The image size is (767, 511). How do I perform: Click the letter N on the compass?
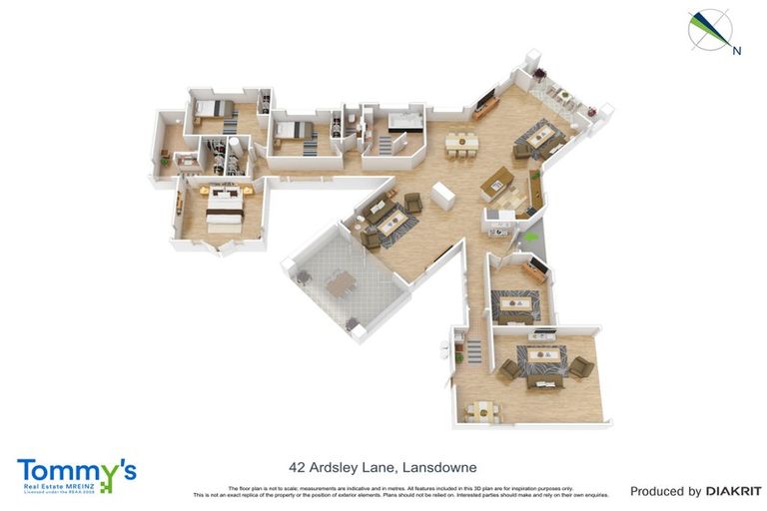click(736, 51)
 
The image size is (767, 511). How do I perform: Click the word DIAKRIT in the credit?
click(733, 491)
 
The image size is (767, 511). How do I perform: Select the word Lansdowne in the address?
click(438, 467)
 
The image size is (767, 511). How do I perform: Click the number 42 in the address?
click(297, 467)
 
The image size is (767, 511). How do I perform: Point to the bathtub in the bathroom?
click(405, 123)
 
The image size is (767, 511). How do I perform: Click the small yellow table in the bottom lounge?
click(483, 407)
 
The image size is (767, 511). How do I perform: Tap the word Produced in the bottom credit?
click(665, 491)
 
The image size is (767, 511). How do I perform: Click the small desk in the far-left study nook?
click(186, 159)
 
